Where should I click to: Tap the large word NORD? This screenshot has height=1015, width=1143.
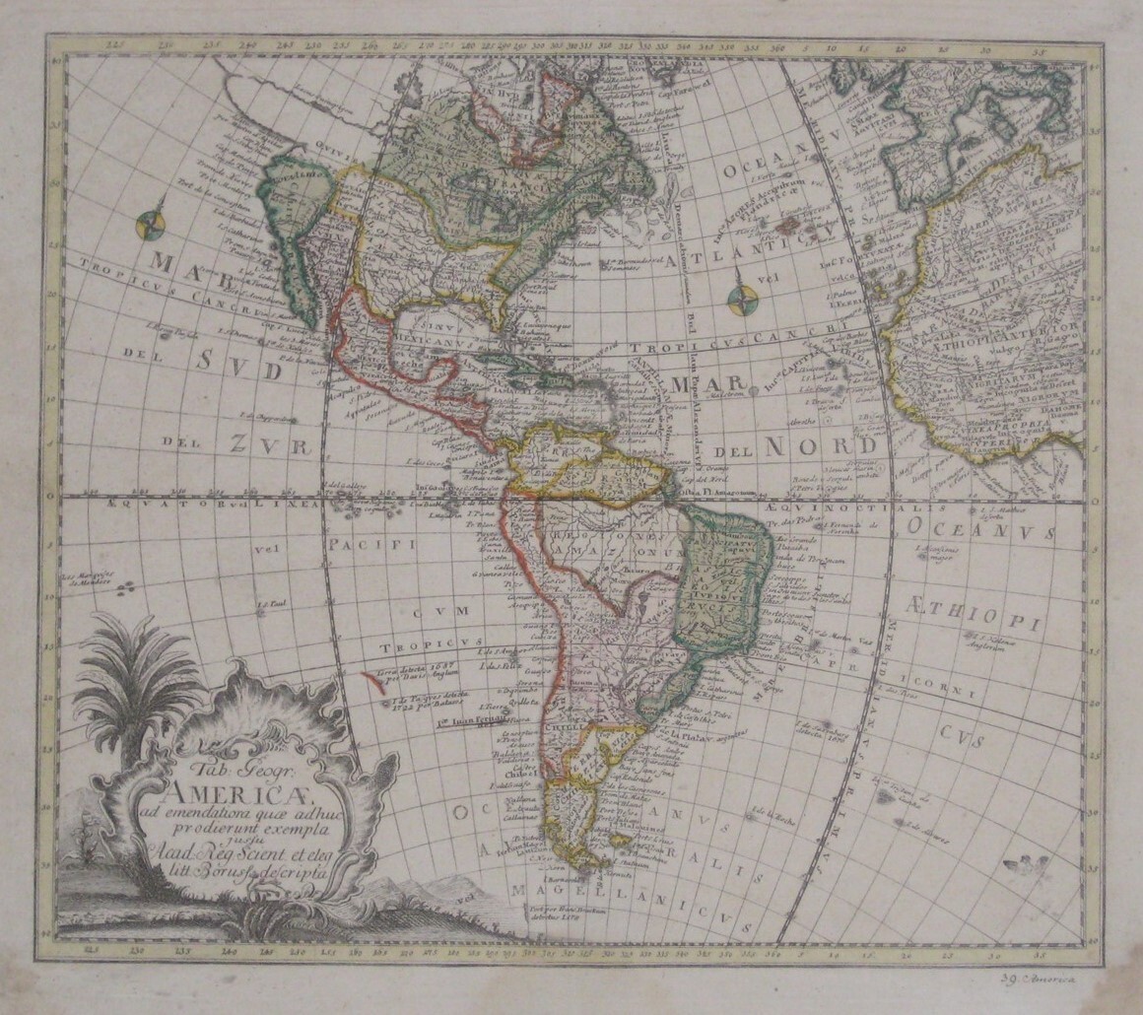(x=818, y=446)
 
